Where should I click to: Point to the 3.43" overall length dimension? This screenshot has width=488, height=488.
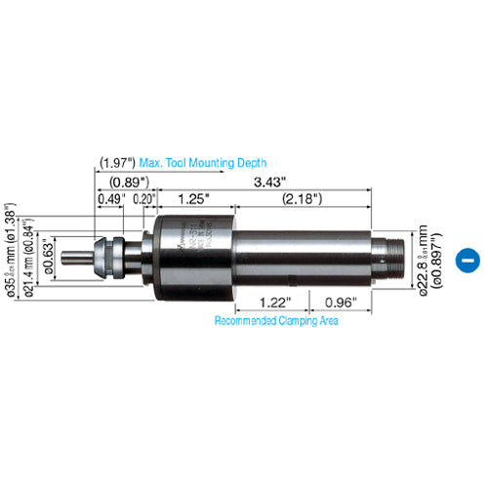261,181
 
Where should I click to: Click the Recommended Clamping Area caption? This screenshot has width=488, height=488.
276,321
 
